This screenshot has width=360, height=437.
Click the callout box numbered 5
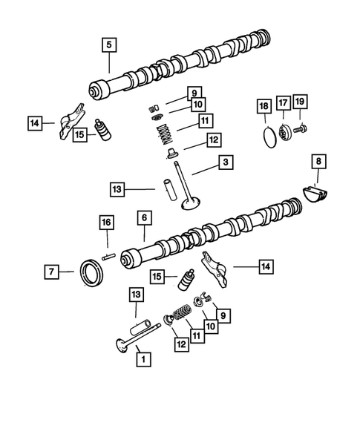[108, 45]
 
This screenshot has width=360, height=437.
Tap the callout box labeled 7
[51, 272]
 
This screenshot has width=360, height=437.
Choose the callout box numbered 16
[106, 223]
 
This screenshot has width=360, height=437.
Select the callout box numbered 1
[139, 358]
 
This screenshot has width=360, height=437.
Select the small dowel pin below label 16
[110, 257]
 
